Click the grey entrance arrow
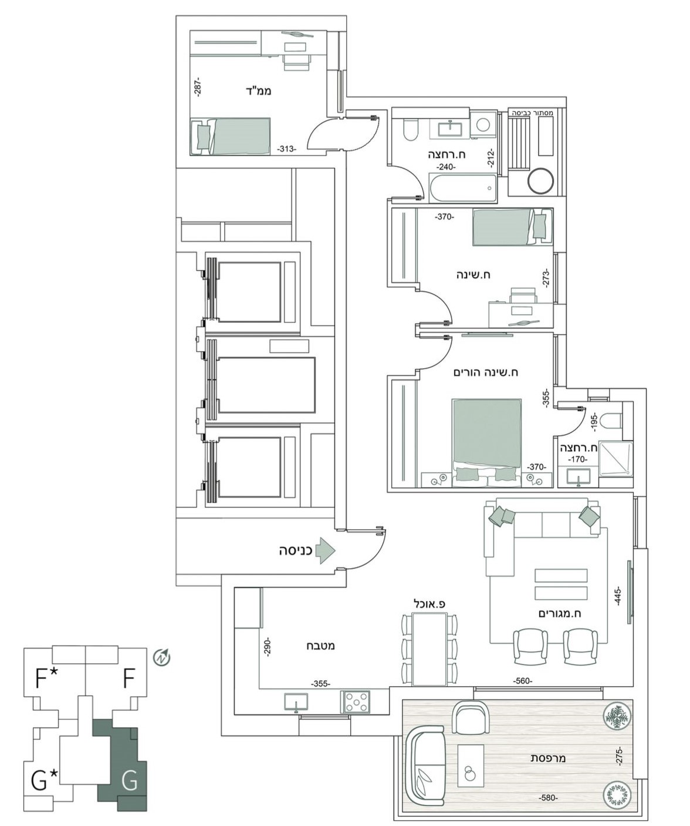327,550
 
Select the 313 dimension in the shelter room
286,149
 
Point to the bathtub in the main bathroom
463,189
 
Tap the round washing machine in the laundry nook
540,181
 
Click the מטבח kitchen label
321,646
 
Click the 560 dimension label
523,681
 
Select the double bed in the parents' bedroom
486,443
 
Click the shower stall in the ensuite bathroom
615,458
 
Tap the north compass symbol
161,657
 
